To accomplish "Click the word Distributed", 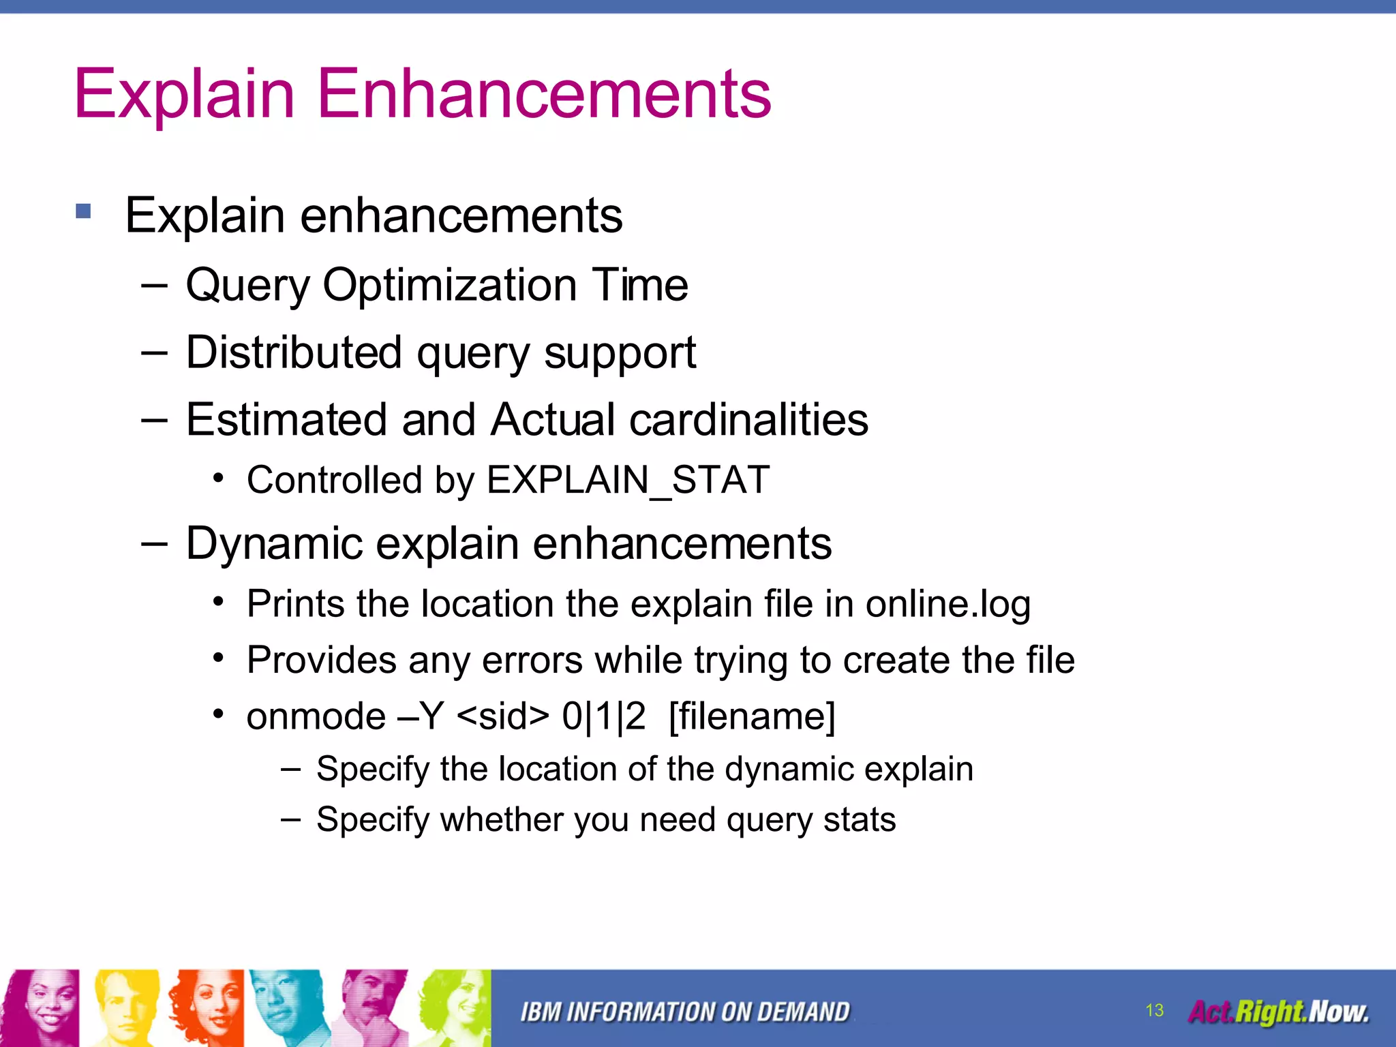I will point(294,352).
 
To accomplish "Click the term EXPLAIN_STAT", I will point(628,480).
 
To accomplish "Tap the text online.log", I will point(947,604).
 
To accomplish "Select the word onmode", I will point(316,716).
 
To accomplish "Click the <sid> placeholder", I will point(503,716).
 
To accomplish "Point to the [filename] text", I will point(752,716).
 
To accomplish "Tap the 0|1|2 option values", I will point(603,716).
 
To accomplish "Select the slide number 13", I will point(1154,1010).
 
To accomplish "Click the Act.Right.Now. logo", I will point(1278,1012).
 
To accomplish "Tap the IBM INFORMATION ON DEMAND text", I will point(685,1012).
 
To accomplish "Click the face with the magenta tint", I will point(41,1007).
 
